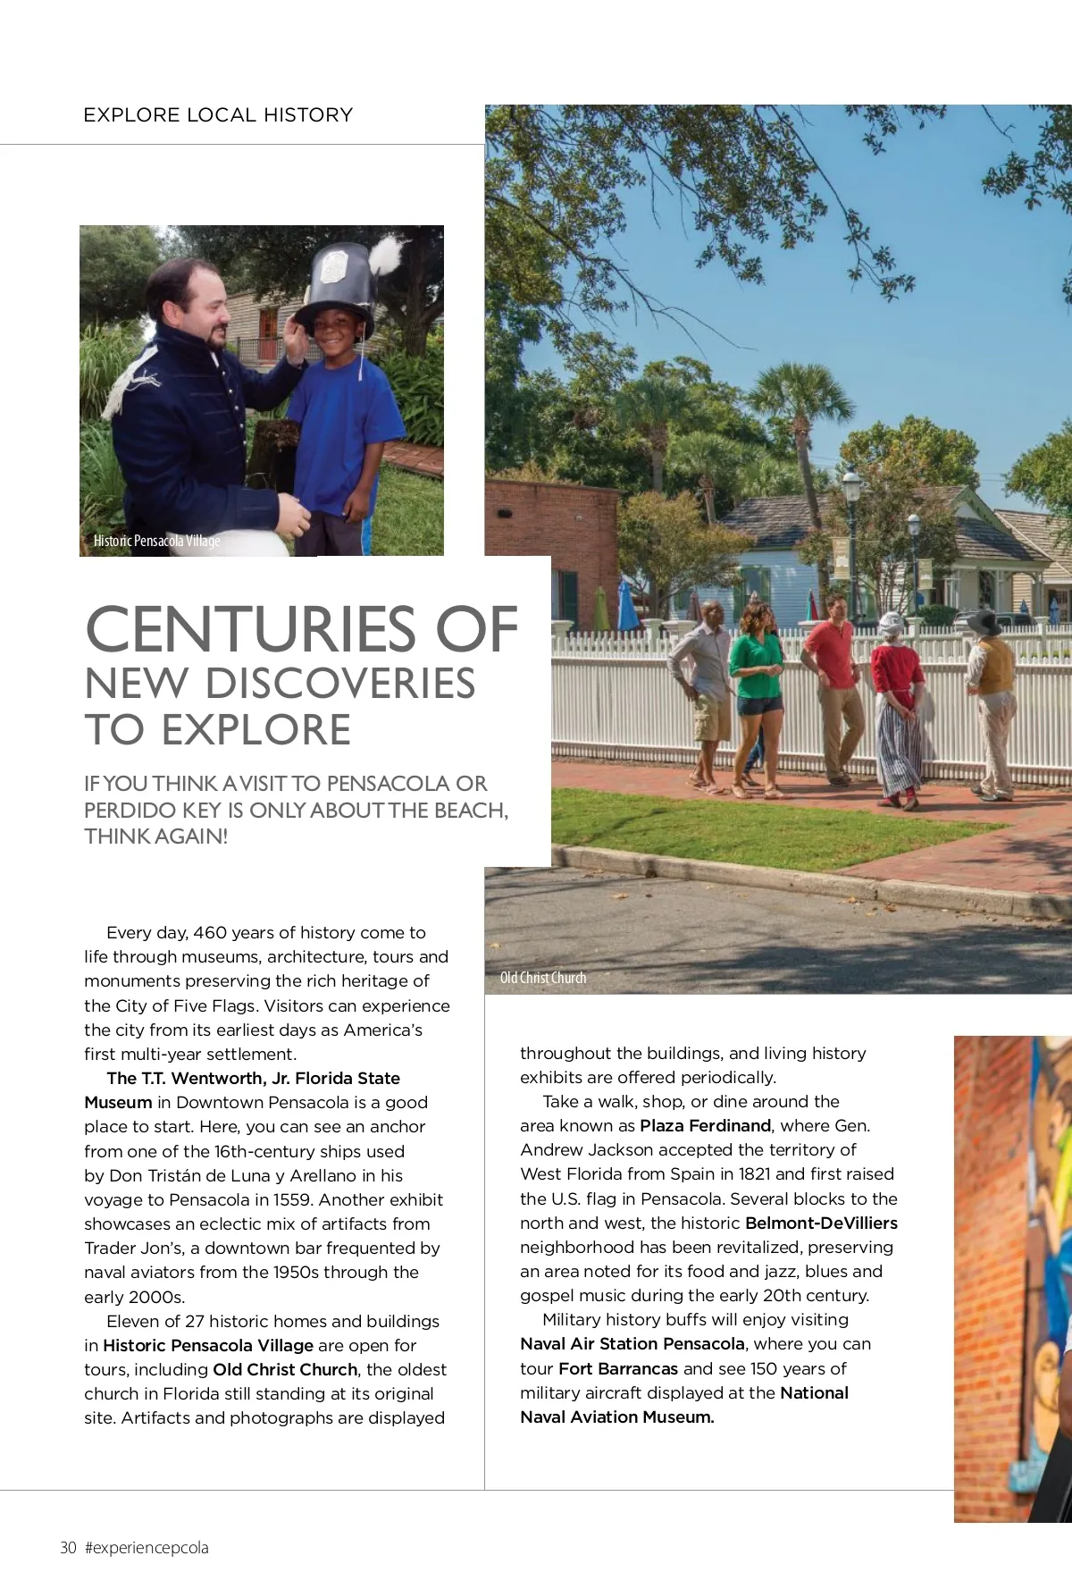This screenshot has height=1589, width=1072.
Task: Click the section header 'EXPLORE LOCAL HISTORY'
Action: tap(218, 115)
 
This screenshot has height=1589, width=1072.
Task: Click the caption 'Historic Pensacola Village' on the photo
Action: tap(156, 541)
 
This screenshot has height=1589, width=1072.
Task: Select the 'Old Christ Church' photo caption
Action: tap(543, 978)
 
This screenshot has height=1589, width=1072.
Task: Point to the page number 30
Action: tap(68, 1548)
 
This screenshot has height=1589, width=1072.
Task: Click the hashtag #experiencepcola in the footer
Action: tap(147, 1548)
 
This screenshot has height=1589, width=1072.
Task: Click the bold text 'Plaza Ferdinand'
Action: tap(705, 1126)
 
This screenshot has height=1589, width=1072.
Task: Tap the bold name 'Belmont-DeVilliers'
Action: tap(821, 1223)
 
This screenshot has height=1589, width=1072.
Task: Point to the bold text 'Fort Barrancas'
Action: tap(618, 1369)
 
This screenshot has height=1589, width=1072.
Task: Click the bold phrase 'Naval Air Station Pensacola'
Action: tap(632, 1344)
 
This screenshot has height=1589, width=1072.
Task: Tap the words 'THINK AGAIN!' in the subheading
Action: tap(156, 837)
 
